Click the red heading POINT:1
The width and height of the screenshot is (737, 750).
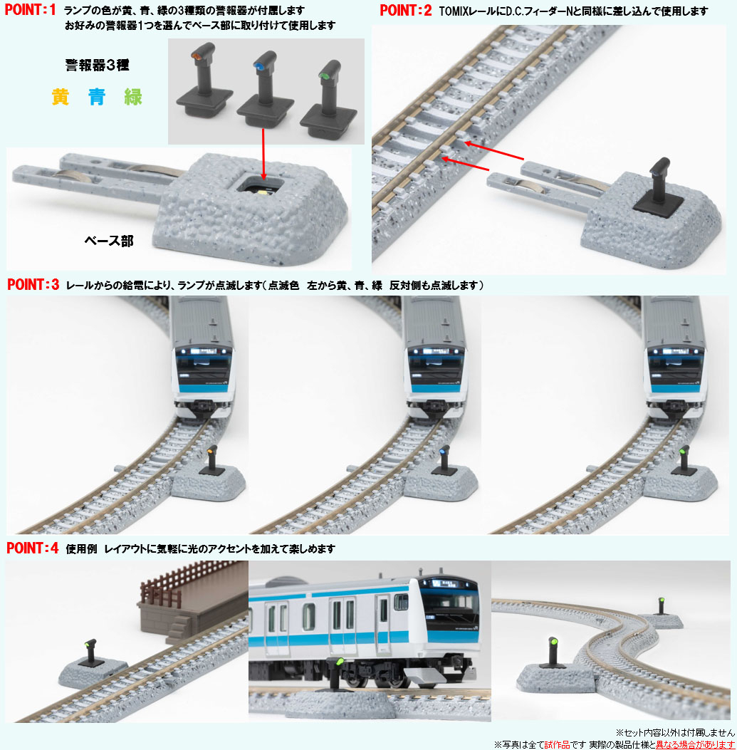point(30,9)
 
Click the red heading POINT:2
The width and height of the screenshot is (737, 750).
point(406,10)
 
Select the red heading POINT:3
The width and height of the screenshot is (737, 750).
point(33,285)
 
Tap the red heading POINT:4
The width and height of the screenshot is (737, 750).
point(33,548)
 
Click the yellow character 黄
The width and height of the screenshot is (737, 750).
point(61,97)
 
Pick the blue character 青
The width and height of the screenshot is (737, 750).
point(97,97)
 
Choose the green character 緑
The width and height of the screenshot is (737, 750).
point(133,97)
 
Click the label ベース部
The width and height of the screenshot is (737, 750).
point(108,241)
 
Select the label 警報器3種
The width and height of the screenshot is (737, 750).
point(97,65)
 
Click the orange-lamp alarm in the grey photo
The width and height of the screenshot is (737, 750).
point(204,80)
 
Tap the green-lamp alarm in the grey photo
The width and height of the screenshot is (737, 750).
point(329,100)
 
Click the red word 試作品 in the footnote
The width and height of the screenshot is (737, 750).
point(557,744)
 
